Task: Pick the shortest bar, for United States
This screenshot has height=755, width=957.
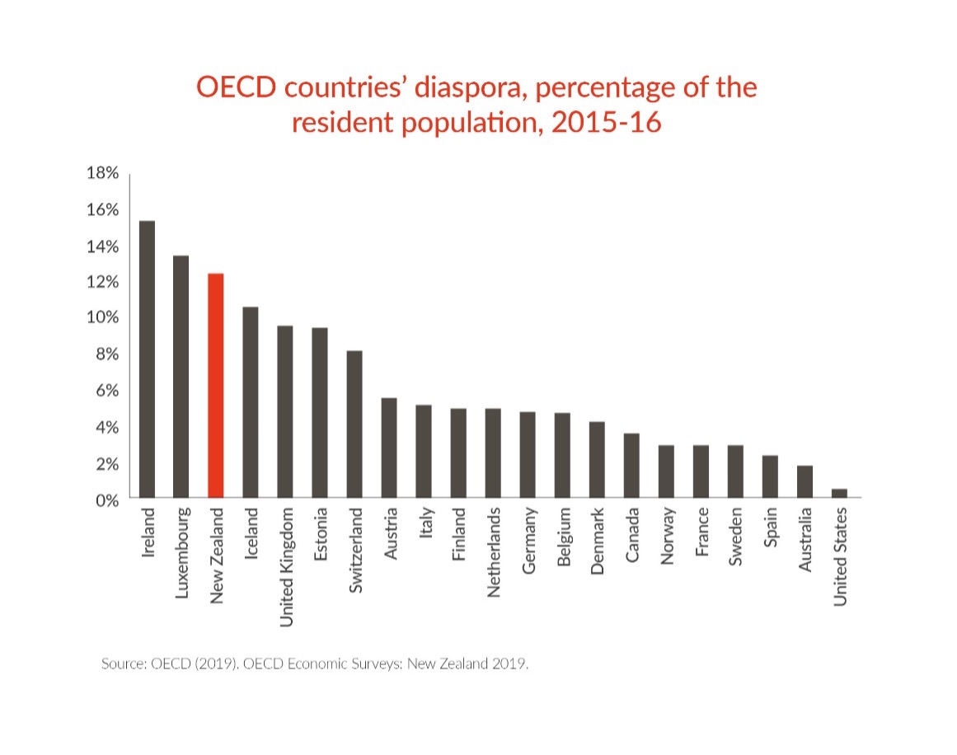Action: click(x=839, y=493)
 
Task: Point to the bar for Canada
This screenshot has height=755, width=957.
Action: click(x=631, y=465)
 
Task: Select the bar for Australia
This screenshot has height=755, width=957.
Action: click(x=805, y=481)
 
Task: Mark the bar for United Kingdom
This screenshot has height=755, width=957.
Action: click(x=284, y=411)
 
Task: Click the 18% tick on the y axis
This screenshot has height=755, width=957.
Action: click(x=103, y=173)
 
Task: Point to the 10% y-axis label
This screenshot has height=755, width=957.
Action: click(x=103, y=318)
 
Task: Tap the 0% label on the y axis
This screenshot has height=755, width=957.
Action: click(x=106, y=499)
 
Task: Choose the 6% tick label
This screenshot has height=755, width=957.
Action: click(x=106, y=391)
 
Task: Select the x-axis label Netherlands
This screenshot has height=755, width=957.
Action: click(x=494, y=552)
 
